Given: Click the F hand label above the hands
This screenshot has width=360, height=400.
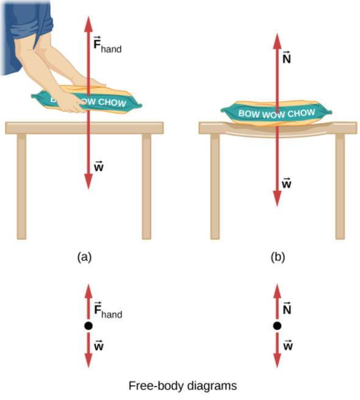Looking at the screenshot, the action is (x=107, y=45).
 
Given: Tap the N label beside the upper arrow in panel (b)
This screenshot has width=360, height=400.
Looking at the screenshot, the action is (x=286, y=58).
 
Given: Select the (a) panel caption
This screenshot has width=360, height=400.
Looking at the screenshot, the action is (x=84, y=257).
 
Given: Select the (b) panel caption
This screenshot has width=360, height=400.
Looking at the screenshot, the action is (x=278, y=257).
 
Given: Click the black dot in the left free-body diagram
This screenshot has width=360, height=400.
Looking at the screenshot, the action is (x=88, y=326).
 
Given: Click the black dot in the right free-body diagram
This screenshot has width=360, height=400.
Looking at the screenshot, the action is (x=277, y=326).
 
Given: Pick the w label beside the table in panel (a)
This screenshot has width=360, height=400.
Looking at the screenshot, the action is (x=99, y=166).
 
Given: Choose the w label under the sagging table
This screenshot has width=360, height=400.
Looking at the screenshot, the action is (x=286, y=183).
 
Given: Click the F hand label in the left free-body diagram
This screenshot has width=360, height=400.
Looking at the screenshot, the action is (x=108, y=310).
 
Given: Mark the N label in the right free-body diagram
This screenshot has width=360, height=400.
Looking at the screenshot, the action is (x=287, y=308).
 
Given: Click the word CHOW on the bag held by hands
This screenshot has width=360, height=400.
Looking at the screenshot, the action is (x=112, y=102).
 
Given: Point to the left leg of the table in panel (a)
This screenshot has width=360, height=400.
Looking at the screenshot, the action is (x=21, y=187).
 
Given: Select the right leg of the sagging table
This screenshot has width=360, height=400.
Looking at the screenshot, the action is (x=340, y=187).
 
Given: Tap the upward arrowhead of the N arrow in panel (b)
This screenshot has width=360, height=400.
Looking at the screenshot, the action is (x=277, y=41).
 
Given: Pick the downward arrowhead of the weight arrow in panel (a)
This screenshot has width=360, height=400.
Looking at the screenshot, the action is (x=88, y=181).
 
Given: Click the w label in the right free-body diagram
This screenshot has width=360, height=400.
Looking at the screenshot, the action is (x=288, y=345).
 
